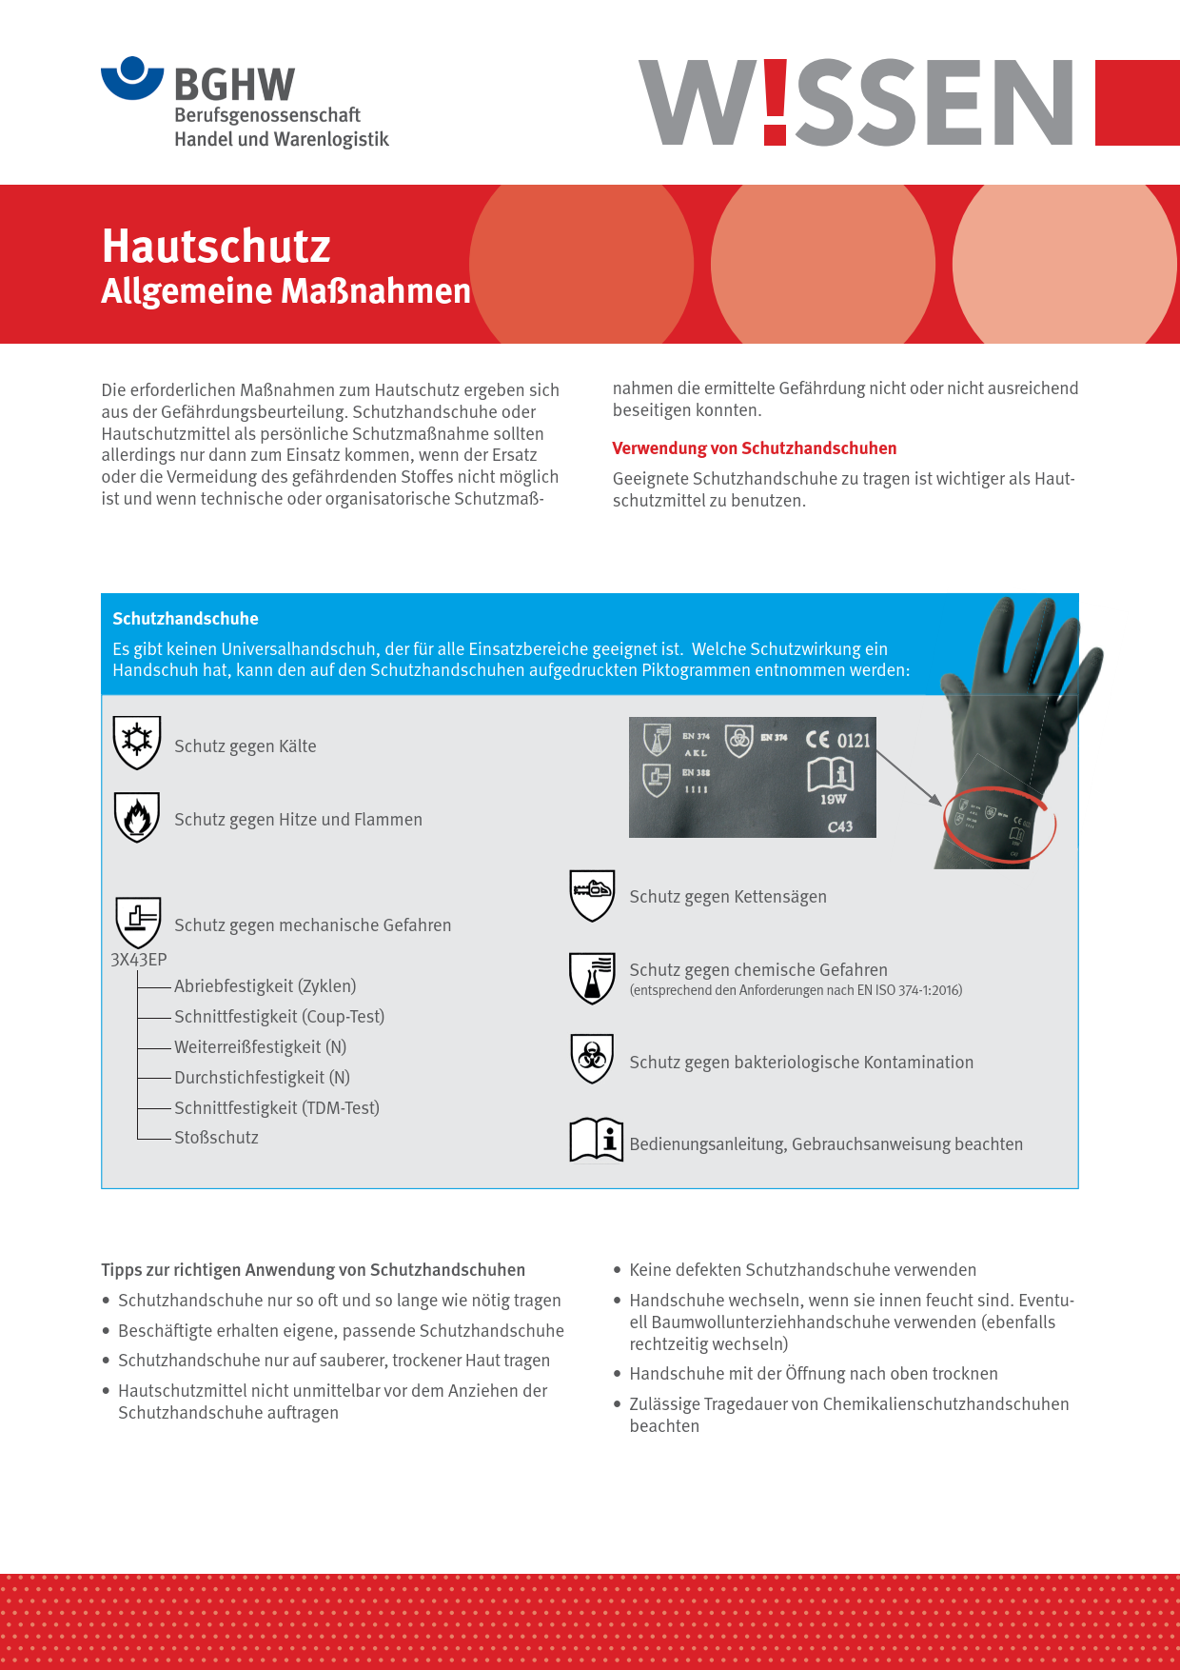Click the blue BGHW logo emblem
coord(132,77)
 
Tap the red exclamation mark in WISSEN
coord(776,102)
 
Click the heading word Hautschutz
coord(216,246)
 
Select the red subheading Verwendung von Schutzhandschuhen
coord(754,448)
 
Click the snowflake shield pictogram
coord(137,742)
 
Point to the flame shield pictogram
coord(137,817)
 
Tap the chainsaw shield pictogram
coord(592,895)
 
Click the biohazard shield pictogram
coord(592,1058)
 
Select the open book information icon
coord(596,1140)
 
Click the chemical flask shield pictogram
coord(592,978)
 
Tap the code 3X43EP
coord(139,960)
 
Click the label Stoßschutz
coord(216,1138)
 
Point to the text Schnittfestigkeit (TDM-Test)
coord(277,1107)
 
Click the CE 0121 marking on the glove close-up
coord(837,740)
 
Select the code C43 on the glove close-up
coord(839,826)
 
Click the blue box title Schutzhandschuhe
coord(186,619)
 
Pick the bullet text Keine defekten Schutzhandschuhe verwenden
coord(802,1270)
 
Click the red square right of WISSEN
coord(1137,103)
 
